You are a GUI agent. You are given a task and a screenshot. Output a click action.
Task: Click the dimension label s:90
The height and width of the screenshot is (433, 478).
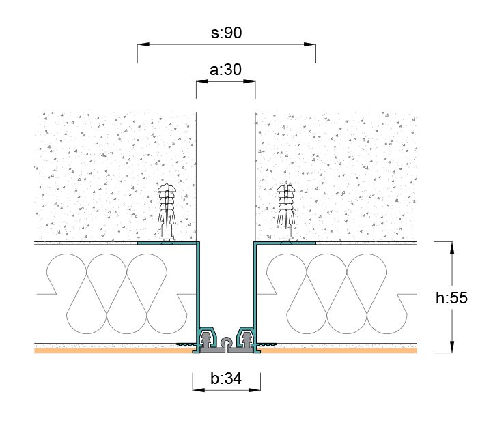click(226, 32)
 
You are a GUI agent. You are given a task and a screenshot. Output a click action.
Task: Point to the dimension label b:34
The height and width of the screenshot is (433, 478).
click(226, 379)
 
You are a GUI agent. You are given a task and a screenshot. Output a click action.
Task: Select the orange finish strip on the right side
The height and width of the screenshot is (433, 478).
click(341, 350)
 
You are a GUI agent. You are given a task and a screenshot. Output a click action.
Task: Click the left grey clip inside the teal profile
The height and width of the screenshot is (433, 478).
click(206, 338)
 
